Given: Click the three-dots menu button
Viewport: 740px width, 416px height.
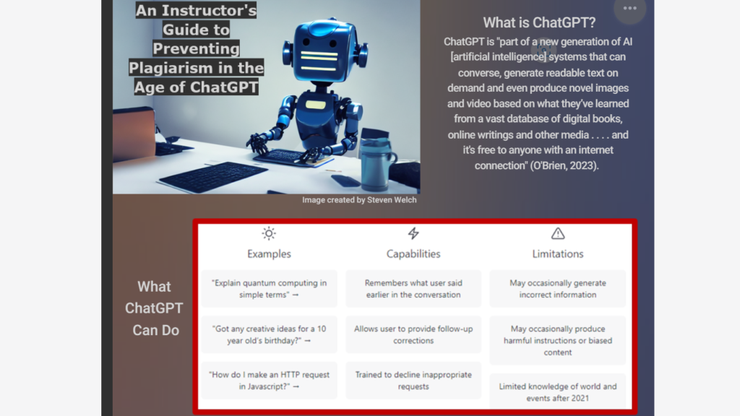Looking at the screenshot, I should click(x=629, y=9).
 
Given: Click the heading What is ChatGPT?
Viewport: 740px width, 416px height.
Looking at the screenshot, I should click(x=539, y=22).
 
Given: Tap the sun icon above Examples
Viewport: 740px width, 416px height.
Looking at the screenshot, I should click(x=269, y=233).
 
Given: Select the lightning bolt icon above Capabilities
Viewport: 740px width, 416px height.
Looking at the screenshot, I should click(x=413, y=233).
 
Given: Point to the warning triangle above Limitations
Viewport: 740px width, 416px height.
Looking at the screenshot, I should click(x=557, y=233).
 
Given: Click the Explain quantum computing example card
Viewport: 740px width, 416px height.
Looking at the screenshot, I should click(x=269, y=289).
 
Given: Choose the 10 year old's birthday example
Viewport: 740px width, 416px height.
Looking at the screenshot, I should click(x=269, y=334).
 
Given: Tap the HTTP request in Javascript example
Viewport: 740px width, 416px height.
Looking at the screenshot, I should click(x=269, y=381).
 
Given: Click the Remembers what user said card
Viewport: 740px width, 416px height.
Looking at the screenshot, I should click(x=413, y=289).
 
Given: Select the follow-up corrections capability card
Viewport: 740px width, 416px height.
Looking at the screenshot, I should click(x=413, y=334).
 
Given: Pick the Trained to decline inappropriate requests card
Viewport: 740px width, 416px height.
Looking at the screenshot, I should click(x=413, y=381).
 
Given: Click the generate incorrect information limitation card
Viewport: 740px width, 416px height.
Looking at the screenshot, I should click(x=557, y=289).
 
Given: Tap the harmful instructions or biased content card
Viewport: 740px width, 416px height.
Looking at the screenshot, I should click(x=557, y=340).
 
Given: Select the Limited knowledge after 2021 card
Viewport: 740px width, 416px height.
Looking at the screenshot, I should click(x=557, y=391).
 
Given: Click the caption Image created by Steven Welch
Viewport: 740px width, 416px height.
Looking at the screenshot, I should click(x=359, y=200).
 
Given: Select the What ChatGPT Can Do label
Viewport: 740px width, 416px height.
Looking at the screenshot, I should click(x=154, y=308).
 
